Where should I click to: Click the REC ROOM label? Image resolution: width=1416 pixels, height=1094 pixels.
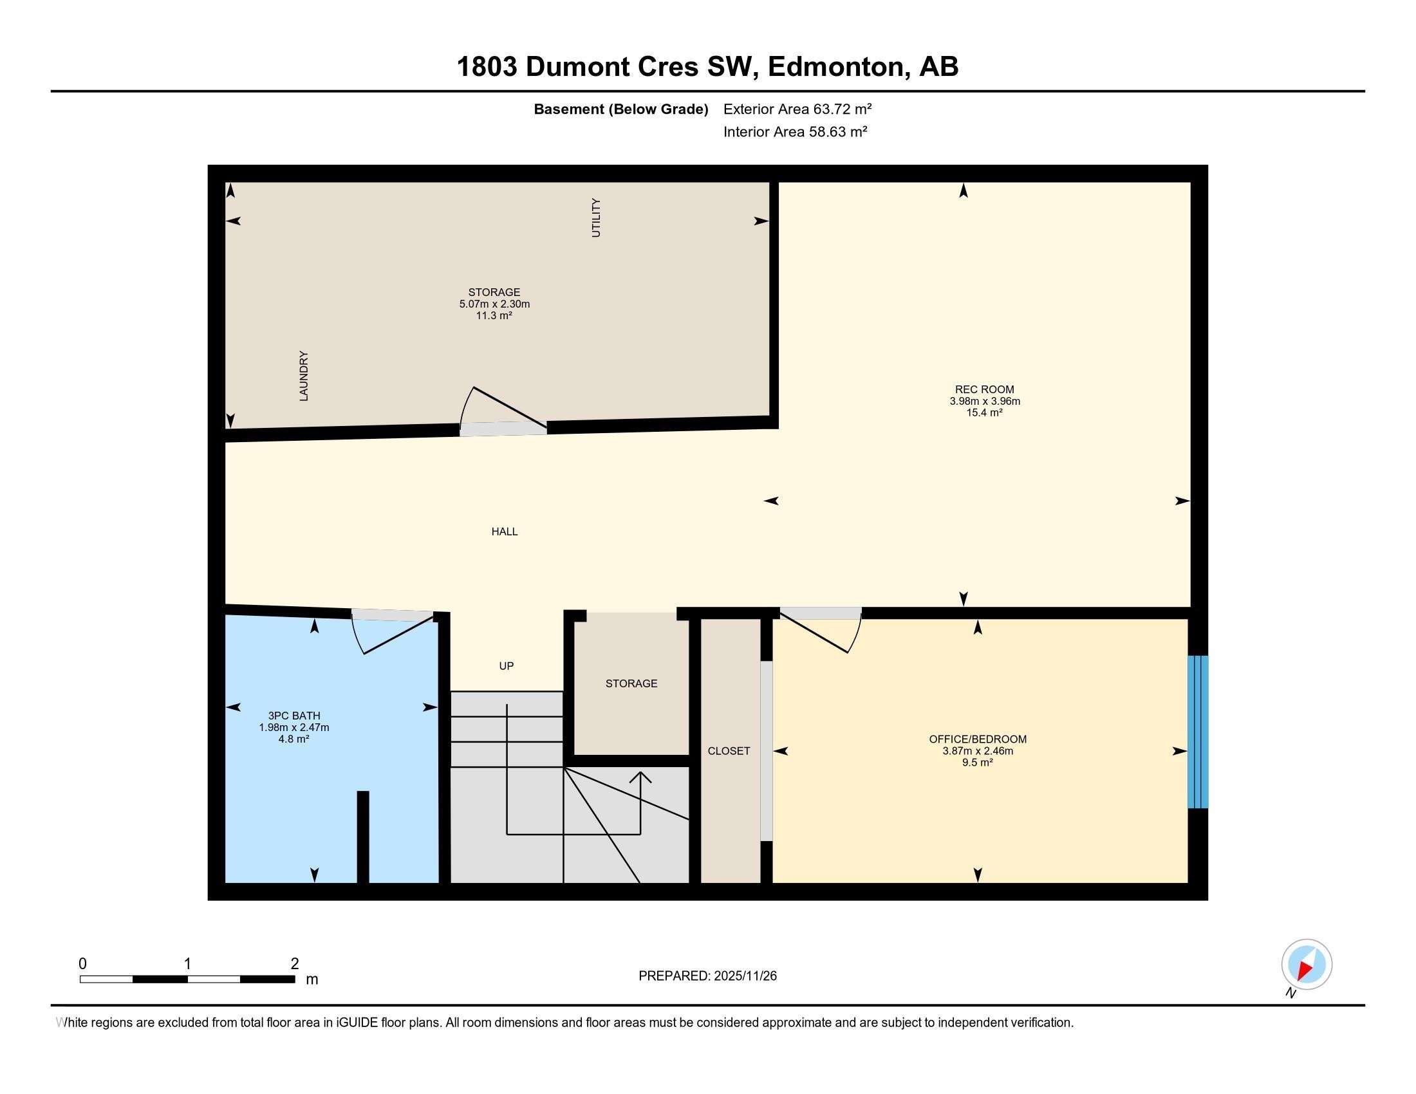[x=983, y=389]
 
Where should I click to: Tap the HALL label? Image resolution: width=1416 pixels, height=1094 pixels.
[x=504, y=532]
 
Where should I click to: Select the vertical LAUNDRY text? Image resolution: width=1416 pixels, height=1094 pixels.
[x=303, y=376]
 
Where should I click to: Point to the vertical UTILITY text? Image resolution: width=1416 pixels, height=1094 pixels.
[x=596, y=218]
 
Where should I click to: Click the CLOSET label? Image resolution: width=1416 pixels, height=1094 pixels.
[x=728, y=750]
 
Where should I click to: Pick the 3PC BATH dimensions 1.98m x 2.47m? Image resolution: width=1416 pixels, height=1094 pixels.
[x=293, y=727]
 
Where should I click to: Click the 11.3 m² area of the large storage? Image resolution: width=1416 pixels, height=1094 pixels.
[x=494, y=315]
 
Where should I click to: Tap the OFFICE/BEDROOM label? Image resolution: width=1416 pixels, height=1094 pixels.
[x=977, y=739]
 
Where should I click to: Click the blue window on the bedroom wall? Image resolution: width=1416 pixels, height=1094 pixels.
[x=1197, y=732]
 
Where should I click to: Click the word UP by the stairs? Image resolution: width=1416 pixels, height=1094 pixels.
[x=506, y=665]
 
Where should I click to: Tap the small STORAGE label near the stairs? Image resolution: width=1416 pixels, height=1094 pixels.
[x=631, y=683]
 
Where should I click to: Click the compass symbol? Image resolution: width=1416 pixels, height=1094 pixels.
[x=1306, y=964]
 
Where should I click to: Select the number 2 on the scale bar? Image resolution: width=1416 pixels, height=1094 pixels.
[x=294, y=964]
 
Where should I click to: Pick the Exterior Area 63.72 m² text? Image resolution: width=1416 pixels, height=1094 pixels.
[x=797, y=109]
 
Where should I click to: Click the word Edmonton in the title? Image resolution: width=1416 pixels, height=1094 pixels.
[x=835, y=67]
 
